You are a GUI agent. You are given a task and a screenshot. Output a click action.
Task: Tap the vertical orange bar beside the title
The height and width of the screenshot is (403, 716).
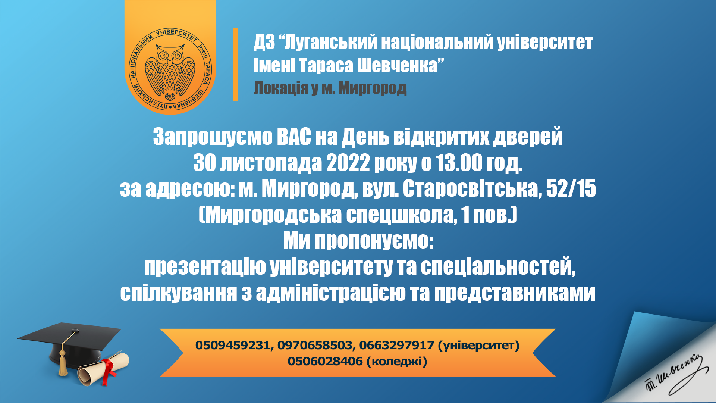[x=235, y=64]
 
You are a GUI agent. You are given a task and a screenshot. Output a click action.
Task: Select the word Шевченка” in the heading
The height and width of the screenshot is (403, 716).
[x=401, y=65]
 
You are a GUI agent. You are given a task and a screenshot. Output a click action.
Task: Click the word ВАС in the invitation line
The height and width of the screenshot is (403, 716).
[x=294, y=137]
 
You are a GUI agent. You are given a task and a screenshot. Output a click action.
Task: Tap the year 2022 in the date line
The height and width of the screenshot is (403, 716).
[x=348, y=163]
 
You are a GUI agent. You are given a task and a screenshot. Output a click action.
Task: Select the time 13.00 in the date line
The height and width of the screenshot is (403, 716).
[x=459, y=163]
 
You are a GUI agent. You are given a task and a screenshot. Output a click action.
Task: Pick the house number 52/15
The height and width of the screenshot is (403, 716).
[x=571, y=189]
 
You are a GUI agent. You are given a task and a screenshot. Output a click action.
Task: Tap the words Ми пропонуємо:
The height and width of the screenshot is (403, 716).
[x=358, y=241]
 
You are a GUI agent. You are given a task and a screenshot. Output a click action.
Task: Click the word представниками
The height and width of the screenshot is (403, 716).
[x=515, y=293]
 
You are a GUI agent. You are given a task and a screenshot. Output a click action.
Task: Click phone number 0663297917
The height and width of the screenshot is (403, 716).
[x=396, y=345]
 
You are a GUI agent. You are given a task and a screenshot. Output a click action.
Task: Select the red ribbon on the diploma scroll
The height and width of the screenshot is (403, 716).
[x=109, y=371]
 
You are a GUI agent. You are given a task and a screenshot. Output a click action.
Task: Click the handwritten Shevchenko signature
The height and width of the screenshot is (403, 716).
[x=675, y=375]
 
